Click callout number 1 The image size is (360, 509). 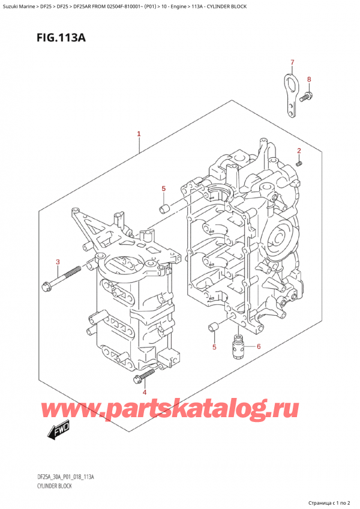click(139, 134)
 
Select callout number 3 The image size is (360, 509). click(58, 262)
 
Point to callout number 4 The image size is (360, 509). click(144, 391)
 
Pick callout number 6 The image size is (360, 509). click(259, 346)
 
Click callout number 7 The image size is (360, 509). click(292, 63)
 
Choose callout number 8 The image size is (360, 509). click(309, 79)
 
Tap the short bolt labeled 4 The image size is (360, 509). click(145, 375)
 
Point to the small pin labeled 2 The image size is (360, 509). click(299, 162)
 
